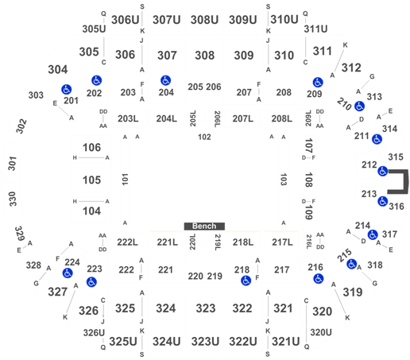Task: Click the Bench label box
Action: coord(204,226)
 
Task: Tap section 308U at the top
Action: coord(204,20)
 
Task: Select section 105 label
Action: coord(91,180)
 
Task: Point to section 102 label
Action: coord(204,137)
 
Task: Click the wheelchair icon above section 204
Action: coord(165,80)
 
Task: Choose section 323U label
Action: coord(205,342)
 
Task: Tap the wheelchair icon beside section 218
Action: coord(246,281)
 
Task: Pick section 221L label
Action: coord(167,242)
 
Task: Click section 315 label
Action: coord(396,157)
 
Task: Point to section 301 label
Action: coord(13,164)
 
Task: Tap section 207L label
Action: coord(243,118)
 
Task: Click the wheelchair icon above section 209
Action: coord(318,83)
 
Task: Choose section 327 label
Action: coord(58,292)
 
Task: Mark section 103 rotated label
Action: coord(284,180)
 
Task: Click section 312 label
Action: coord(351,68)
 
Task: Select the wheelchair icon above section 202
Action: coord(96,80)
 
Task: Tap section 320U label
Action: coord(321,332)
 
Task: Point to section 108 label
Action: coord(309,180)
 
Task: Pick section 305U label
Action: coord(94,29)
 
